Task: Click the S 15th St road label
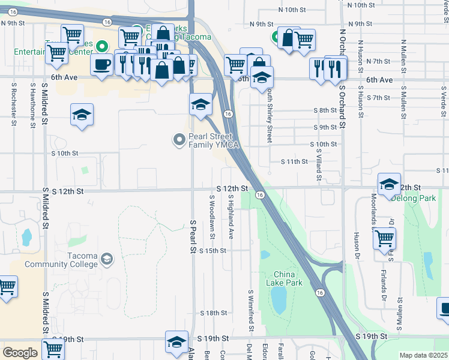tap(212, 251)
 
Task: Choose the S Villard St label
tap(319, 167)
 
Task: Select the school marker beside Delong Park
tap(389, 184)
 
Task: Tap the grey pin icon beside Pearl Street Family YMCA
tap(179, 140)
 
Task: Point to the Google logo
tap(20, 353)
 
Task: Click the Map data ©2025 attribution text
tap(423, 355)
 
